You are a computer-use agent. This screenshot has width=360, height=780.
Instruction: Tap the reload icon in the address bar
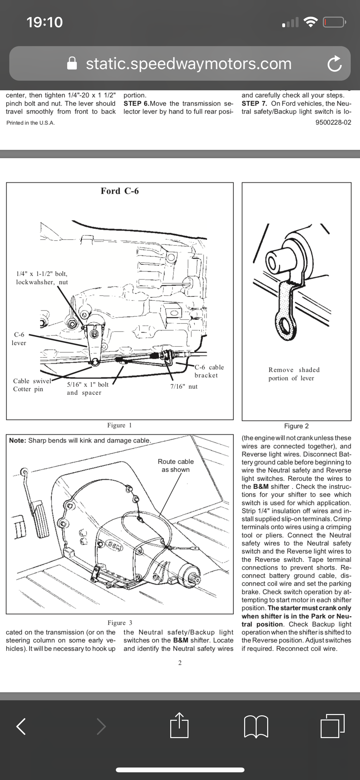[335, 63]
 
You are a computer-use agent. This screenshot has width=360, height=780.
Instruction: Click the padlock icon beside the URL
[72, 63]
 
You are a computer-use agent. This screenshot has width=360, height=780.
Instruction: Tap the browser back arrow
[21, 726]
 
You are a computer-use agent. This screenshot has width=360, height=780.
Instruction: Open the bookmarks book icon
[256, 727]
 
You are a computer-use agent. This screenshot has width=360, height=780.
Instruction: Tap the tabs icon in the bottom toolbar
[332, 725]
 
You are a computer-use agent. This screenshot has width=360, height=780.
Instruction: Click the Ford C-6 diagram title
[120, 191]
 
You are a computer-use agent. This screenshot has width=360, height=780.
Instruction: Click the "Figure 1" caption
[119, 425]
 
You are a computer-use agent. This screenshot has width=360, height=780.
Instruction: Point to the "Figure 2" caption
[296, 426]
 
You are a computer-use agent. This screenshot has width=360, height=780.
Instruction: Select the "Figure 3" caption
[120, 623]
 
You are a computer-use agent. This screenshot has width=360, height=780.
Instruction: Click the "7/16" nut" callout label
[184, 386]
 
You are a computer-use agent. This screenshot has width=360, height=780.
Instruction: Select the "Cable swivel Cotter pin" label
[32, 385]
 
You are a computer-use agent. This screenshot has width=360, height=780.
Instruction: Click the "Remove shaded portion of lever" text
[294, 374]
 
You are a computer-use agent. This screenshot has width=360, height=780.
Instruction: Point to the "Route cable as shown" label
[176, 466]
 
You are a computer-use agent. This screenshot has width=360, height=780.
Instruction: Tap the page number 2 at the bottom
[180, 663]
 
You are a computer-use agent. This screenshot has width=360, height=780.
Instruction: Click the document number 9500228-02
[333, 122]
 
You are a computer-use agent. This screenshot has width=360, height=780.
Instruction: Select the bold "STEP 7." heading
[254, 103]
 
